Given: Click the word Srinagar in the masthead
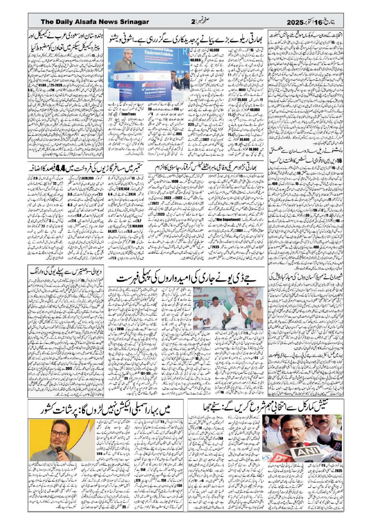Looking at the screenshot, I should (x=133, y=22).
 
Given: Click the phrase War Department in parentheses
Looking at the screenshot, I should (x=213, y=220).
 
